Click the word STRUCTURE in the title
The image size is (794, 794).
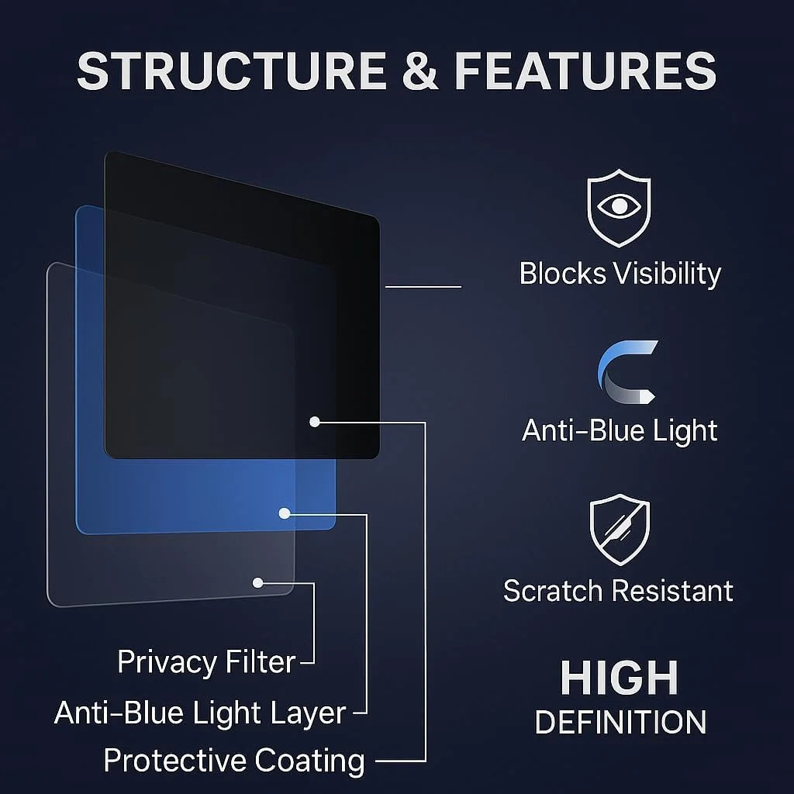(232, 71)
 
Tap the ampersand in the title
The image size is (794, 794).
(419, 71)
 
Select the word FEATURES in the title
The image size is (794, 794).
(585, 71)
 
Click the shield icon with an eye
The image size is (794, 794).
(619, 208)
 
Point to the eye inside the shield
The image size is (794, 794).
(619, 205)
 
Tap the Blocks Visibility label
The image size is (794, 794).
(620, 274)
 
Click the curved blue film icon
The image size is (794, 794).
(627, 372)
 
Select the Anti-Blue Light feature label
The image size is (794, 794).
(620, 430)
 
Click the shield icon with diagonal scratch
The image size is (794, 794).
(620, 530)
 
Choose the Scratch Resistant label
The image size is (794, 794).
(618, 590)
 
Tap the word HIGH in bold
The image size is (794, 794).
(620, 678)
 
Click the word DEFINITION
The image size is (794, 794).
(620, 722)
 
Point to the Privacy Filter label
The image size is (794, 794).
(206, 662)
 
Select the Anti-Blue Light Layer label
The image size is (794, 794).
(200, 713)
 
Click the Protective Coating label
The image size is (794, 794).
(234, 761)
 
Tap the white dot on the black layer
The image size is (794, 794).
(315, 421)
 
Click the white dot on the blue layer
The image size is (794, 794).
(285, 513)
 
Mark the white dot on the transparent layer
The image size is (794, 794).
(257, 583)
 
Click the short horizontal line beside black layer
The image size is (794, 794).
(423, 287)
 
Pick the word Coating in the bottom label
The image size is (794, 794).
(309, 761)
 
